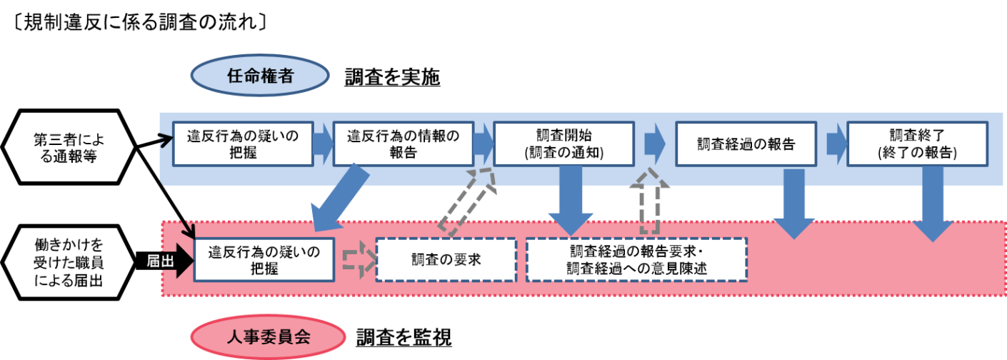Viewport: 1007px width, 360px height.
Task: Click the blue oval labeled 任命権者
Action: [259, 76]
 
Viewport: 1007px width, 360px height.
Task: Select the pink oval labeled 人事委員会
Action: [268, 336]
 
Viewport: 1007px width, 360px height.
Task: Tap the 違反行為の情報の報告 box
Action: [404, 144]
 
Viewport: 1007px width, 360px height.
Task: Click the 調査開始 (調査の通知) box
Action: [564, 144]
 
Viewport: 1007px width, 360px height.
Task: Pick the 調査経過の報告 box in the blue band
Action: [746, 144]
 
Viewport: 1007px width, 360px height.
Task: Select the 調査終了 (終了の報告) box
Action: [917, 144]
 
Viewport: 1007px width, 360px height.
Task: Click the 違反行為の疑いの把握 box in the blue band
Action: [243, 144]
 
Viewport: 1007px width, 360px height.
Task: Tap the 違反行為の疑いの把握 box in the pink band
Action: [264, 259]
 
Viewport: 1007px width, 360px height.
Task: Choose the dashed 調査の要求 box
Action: [446, 259]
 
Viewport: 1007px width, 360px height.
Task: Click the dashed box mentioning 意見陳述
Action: [636, 259]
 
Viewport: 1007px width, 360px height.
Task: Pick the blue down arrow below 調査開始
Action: [571, 200]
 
